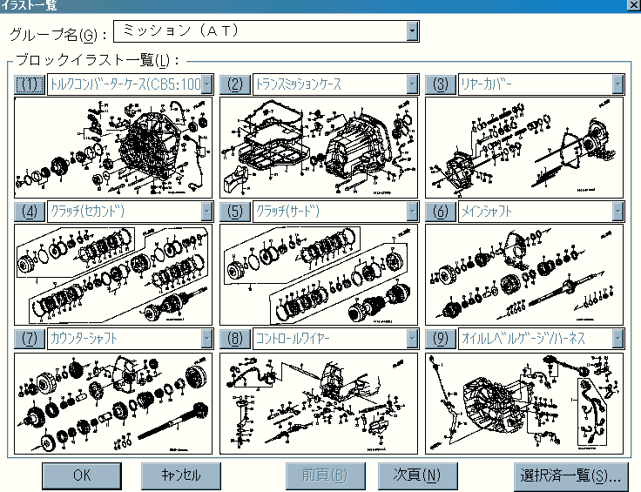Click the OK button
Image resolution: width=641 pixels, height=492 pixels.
[81, 475]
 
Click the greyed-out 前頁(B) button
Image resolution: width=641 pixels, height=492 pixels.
[324, 475]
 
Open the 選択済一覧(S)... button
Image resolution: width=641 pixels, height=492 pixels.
[570, 475]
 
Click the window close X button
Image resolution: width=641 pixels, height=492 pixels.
[633, 5]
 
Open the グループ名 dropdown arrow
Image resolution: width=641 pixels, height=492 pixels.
[412, 31]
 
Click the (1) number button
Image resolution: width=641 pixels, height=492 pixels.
[30, 84]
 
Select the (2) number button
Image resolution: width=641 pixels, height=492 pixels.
[234, 84]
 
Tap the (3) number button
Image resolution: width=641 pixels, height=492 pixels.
[440, 84]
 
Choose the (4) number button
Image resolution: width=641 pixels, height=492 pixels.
[30, 212]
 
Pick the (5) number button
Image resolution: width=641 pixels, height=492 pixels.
[234, 212]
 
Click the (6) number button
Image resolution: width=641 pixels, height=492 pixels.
[440, 212]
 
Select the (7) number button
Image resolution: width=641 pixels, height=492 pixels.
[30, 338]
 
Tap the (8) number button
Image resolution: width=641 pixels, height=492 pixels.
[234, 338]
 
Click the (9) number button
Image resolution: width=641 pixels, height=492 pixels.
[440, 338]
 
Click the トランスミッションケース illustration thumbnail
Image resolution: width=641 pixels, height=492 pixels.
[319, 147]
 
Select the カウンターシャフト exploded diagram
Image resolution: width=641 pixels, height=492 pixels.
[113, 402]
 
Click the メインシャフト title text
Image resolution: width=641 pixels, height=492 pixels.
[486, 212]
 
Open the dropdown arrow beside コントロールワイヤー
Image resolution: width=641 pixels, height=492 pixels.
[412, 338]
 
